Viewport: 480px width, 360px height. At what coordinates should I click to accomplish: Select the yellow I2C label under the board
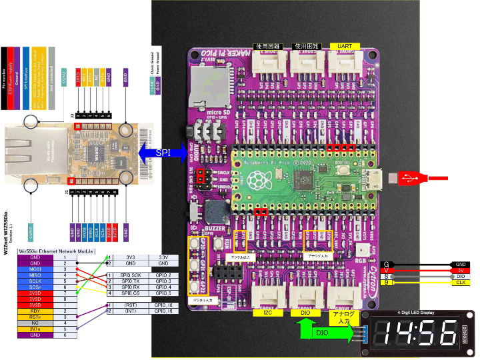tap(267, 312)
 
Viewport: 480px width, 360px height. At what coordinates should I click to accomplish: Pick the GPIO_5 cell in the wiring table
tap(163, 293)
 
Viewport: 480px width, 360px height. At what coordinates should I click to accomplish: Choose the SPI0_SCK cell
tap(131, 275)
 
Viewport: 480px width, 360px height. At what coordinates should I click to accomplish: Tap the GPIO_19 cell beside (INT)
tap(163, 311)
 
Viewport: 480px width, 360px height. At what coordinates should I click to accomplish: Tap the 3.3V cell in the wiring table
tap(163, 256)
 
